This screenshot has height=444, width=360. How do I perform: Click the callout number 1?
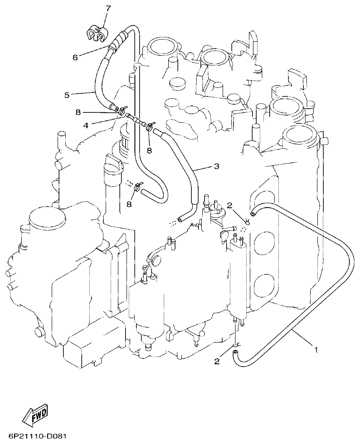pos(316,349)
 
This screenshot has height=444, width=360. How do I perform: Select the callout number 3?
pos(216,166)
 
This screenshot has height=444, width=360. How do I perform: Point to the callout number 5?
pos(67,95)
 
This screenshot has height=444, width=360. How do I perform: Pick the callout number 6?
pos(75,57)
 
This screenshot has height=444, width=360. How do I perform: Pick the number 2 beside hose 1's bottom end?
pos(217,361)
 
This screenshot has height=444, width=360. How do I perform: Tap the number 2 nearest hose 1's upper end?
pos(230,205)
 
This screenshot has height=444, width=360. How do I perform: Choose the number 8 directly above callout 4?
pos(78,111)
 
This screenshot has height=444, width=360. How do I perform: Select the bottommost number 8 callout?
pos(129,204)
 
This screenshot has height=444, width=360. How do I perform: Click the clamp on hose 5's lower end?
pos(122,109)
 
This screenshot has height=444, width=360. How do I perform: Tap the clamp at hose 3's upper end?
pos(150,127)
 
